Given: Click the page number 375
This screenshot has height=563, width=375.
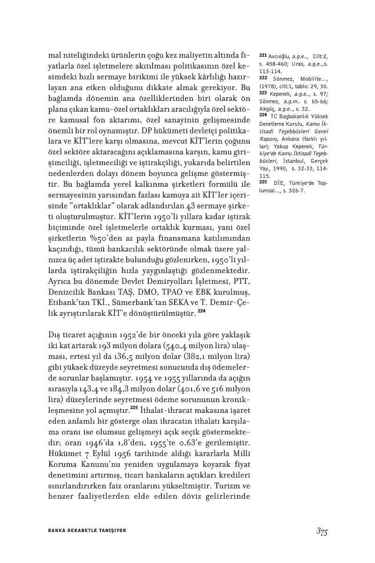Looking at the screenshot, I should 321,531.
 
